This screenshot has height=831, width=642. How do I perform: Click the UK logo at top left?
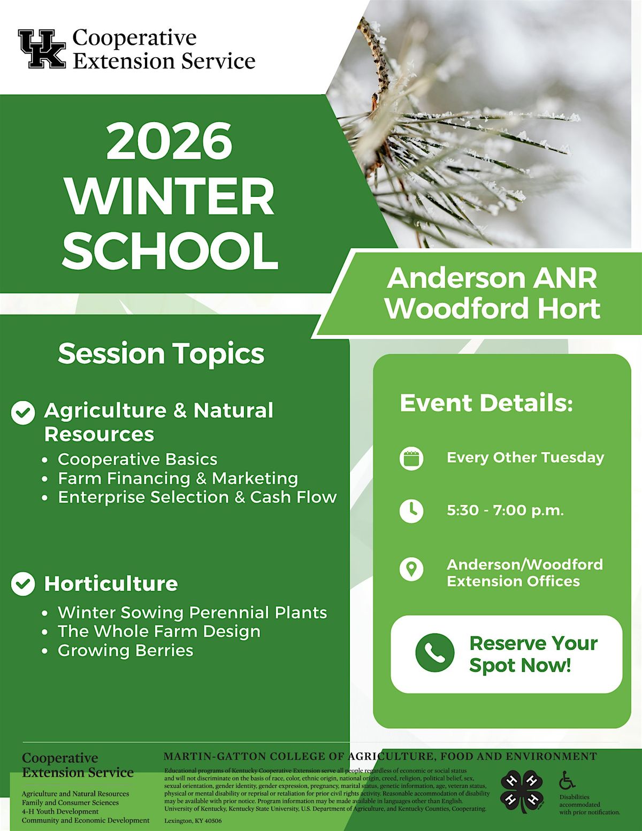coord(42,49)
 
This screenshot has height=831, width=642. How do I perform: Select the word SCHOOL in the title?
coord(170,250)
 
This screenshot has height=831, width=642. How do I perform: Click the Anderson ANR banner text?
coord(492,278)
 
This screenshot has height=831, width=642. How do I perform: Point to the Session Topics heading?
coord(161,354)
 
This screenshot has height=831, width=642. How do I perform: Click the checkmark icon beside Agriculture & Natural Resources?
coord(23,413)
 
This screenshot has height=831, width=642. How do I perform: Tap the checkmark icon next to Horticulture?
coord(23,584)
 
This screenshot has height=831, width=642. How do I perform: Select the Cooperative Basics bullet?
coord(137,459)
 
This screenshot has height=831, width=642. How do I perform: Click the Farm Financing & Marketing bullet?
coord(178,478)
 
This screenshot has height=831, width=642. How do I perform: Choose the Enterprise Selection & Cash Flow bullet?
coord(197,497)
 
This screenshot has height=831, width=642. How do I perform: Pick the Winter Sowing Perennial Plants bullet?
coord(192,612)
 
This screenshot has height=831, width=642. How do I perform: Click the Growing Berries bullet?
coord(125,650)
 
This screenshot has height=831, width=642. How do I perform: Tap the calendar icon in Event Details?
coord(411,458)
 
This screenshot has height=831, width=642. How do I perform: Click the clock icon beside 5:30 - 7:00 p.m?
coord(411,511)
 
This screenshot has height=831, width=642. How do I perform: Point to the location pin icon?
coord(411,569)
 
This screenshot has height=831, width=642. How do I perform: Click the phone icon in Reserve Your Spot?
coord(434,653)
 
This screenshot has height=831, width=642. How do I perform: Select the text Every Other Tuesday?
coord(525,458)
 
